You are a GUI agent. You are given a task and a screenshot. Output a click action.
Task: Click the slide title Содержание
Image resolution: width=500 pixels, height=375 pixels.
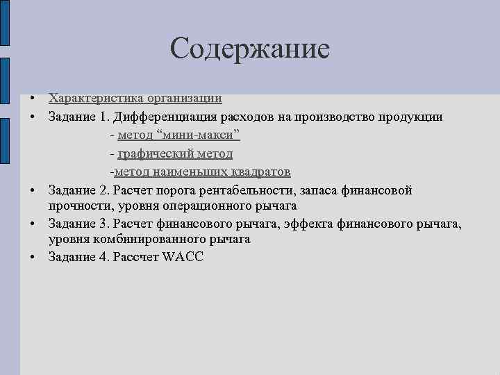(249, 49)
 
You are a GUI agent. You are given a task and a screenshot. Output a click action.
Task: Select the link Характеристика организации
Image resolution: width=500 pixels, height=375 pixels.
(135, 99)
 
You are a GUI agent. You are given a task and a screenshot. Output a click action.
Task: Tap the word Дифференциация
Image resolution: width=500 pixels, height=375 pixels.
(169, 117)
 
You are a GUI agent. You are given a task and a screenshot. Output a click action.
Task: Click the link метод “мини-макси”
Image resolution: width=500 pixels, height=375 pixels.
(179, 135)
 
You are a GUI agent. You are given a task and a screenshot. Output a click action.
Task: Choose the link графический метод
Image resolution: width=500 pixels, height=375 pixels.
(175, 153)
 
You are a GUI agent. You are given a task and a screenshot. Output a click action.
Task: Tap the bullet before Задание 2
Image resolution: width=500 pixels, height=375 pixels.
(33, 190)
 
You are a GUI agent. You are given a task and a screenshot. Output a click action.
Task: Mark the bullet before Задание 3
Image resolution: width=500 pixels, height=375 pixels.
(33, 224)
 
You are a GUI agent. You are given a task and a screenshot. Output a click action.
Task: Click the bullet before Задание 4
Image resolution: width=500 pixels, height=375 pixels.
(33, 257)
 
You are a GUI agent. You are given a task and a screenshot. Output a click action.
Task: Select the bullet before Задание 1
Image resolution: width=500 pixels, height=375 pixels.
(33, 117)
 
